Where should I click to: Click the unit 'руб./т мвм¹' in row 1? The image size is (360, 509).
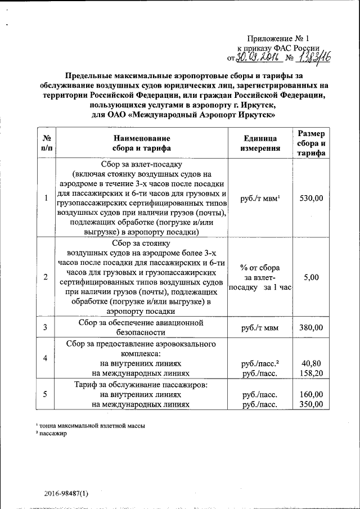click(x=260, y=198)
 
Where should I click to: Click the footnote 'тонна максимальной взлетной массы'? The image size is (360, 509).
click(x=91, y=426)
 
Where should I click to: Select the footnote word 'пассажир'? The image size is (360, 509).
click(x=52, y=434)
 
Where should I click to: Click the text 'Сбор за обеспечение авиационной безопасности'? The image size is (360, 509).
click(x=141, y=327)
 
